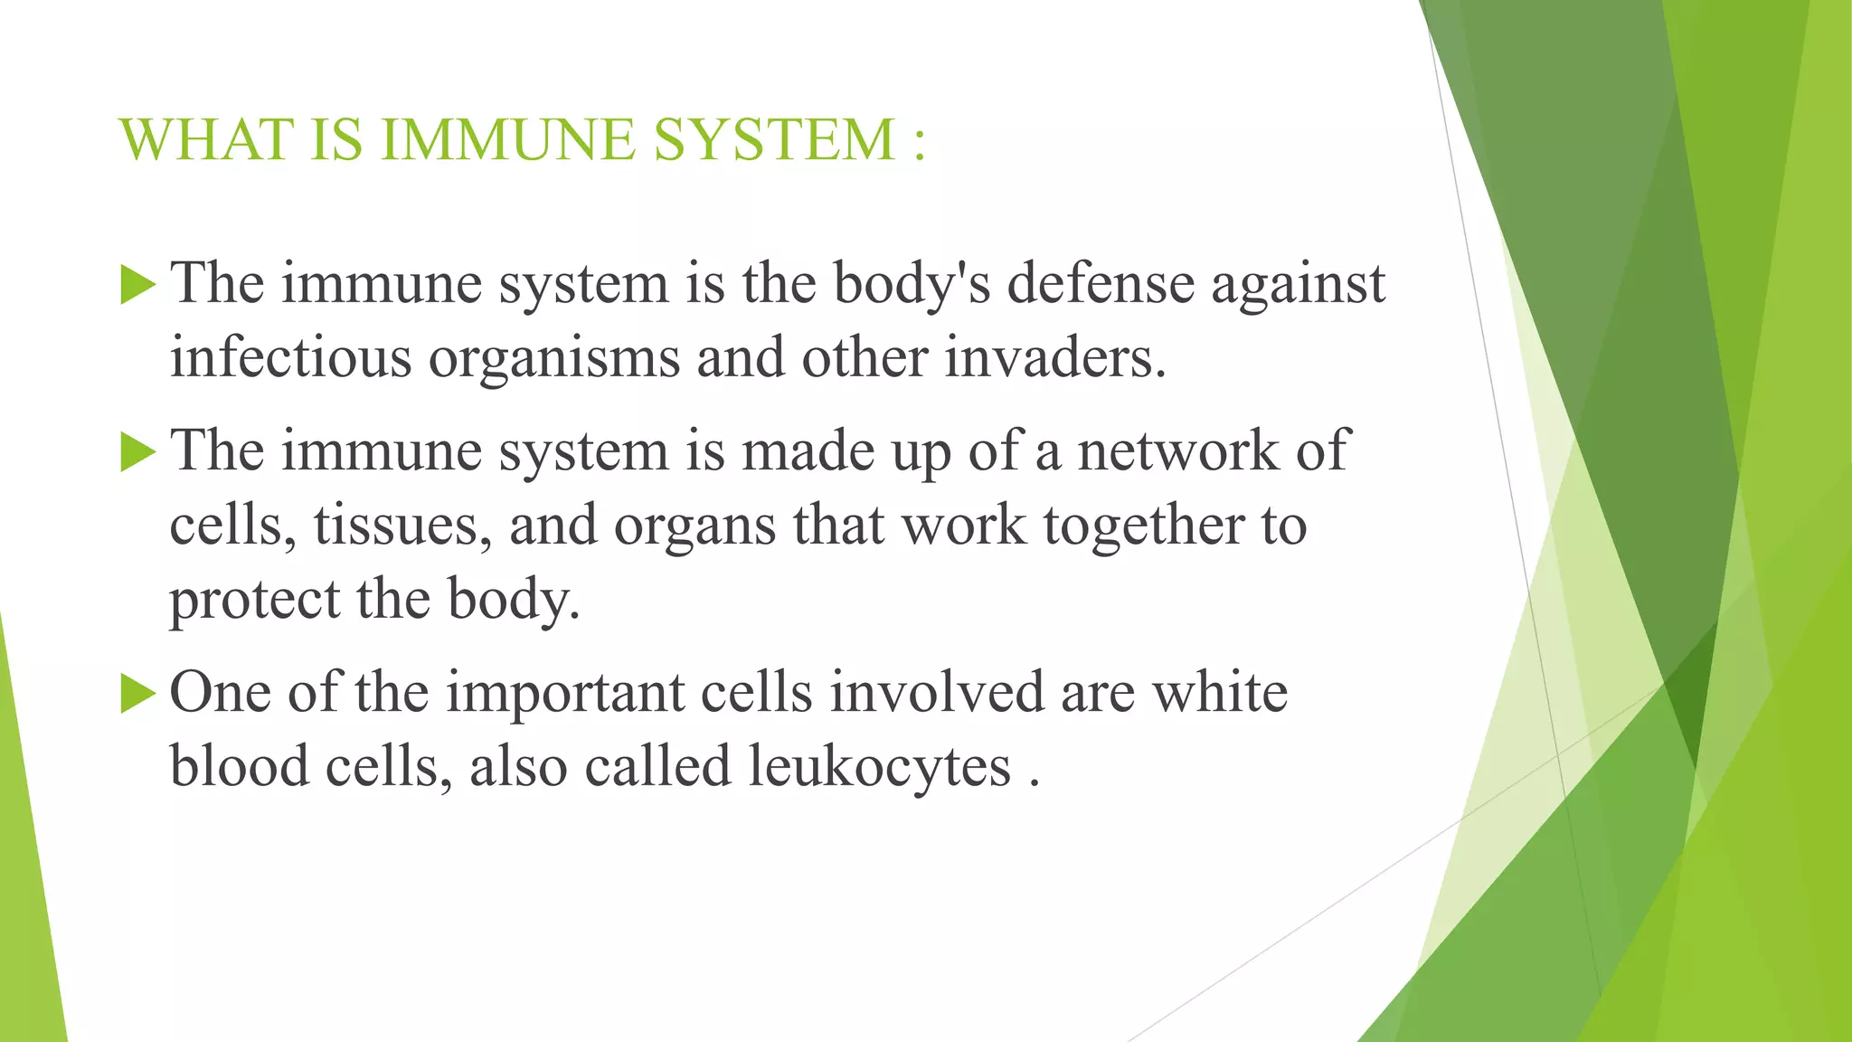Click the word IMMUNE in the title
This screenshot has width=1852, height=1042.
(x=507, y=140)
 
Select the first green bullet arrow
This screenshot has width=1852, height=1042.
(x=137, y=285)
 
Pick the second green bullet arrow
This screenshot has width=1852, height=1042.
(x=137, y=452)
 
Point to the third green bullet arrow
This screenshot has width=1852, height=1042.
(x=137, y=694)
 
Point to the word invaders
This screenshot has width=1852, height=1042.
(x=1054, y=357)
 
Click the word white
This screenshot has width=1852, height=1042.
(x=1220, y=693)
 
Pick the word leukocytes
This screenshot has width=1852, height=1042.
(x=879, y=768)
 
